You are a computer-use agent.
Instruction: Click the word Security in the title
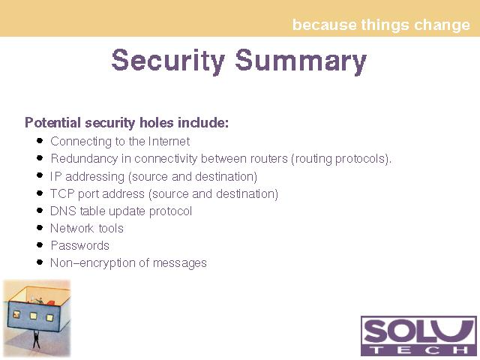click(x=168, y=61)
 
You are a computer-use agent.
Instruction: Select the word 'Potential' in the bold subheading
click(x=53, y=123)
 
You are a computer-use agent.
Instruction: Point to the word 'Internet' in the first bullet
click(x=169, y=142)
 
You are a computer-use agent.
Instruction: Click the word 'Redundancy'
click(x=84, y=159)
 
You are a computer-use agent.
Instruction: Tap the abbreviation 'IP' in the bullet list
click(x=56, y=176)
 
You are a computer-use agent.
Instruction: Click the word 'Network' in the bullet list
click(x=72, y=228)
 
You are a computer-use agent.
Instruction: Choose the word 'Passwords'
click(x=80, y=246)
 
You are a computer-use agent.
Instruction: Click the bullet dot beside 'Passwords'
click(x=40, y=245)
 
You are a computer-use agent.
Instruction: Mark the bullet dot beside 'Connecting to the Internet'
click(x=40, y=140)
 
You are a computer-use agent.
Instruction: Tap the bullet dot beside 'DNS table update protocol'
click(x=40, y=210)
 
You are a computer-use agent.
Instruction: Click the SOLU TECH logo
click(x=418, y=336)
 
